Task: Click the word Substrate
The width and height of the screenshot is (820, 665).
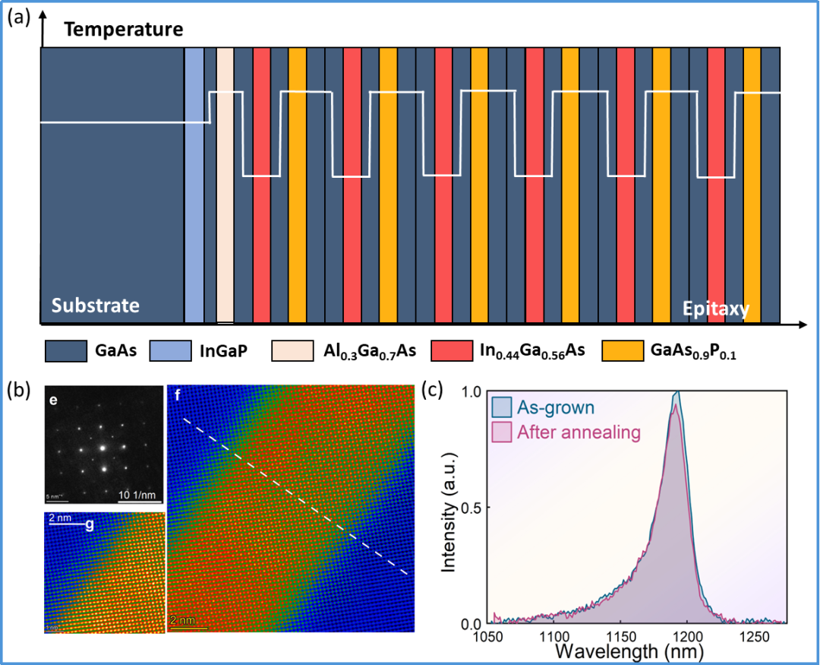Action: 96,306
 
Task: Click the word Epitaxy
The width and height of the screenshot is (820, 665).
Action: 715,309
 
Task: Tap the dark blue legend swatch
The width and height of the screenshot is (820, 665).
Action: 66,350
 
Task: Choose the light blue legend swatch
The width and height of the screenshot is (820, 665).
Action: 170,350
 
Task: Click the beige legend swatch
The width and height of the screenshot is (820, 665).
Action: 292,350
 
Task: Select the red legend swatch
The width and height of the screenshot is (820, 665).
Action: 452,350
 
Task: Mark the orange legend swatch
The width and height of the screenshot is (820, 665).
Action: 623,350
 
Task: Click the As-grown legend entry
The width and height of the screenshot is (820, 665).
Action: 555,407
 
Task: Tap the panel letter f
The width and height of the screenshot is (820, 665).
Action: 177,394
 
